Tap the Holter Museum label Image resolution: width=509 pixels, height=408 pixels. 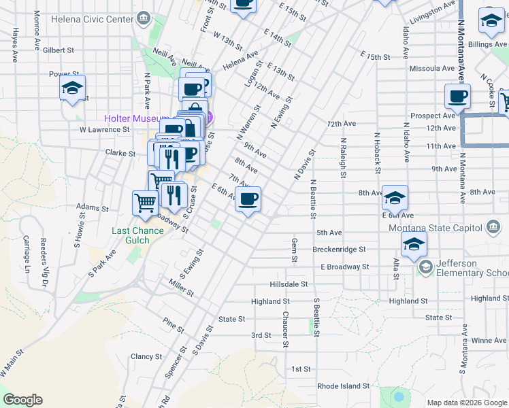(136, 118)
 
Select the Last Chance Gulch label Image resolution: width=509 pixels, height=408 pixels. (137, 235)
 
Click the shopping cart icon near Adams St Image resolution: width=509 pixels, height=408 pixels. (146, 203)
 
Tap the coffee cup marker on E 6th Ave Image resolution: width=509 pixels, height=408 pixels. (248, 200)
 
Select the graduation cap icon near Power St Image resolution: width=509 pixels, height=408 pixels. (72, 89)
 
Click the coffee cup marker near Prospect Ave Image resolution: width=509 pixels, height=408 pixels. (458, 97)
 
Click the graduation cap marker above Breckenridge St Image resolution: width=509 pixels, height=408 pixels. (414, 245)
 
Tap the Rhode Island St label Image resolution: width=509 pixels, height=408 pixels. (344, 386)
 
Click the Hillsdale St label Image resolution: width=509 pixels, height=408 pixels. (289, 284)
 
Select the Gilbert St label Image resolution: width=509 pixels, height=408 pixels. (58, 50)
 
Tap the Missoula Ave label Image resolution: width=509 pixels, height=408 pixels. (431, 69)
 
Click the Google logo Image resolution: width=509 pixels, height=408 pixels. (23, 400)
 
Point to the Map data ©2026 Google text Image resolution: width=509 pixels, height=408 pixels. (466, 402)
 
